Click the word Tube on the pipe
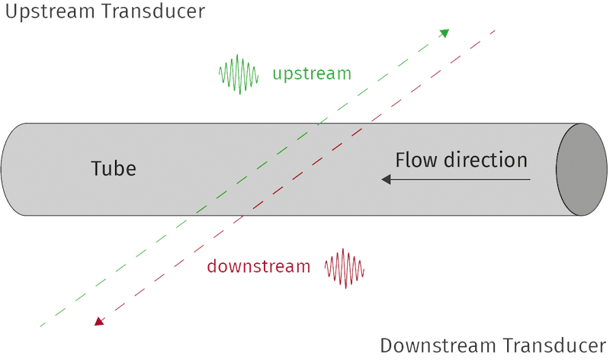coord(114,168)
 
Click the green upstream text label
coord(311,74)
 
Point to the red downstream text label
coord(258,267)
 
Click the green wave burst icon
coord(239,74)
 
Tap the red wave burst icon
coord(345,268)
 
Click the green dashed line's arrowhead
coord(445,32)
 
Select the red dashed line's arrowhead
coord(99,323)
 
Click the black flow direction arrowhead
coord(387,180)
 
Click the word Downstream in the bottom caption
coord(434,346)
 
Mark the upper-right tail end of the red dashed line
coord(496,31)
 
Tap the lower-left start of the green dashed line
coord(40,325)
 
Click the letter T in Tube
coord(97,168)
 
